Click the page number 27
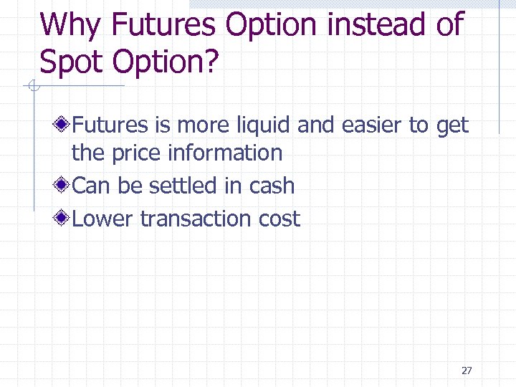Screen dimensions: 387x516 (467, 371)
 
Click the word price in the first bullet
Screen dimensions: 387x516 (136, 153)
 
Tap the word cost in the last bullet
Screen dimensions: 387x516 (279, 219)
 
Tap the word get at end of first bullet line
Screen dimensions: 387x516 (451, 125)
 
